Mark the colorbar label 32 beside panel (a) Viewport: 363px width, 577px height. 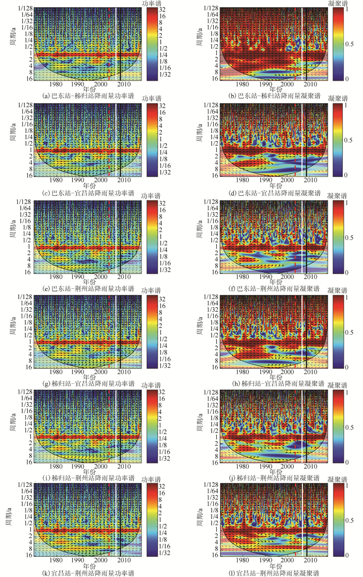[162, 9]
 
